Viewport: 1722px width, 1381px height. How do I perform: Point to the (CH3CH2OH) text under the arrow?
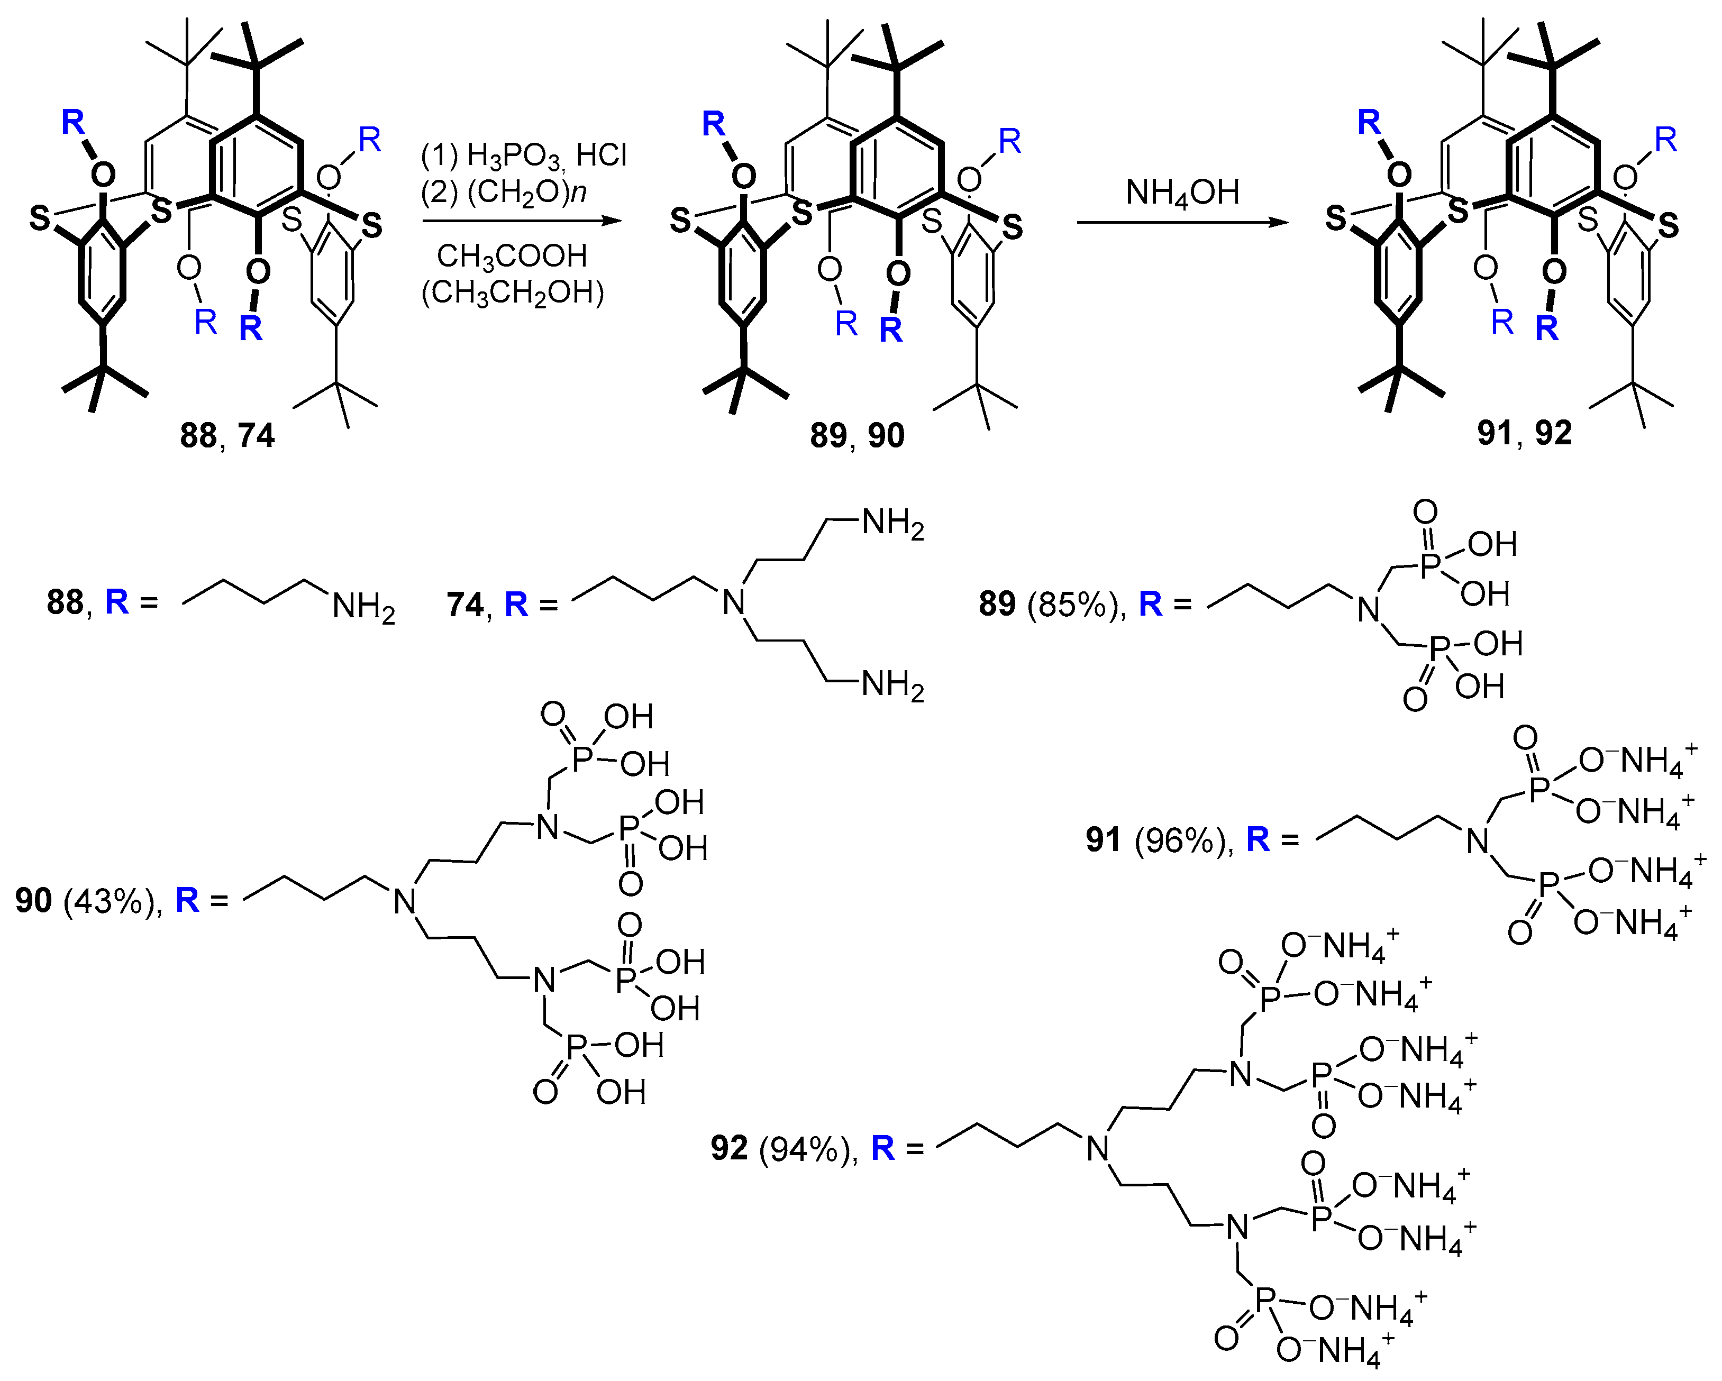tap(512, 293)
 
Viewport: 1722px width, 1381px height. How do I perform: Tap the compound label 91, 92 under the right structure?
tap(1524, 433)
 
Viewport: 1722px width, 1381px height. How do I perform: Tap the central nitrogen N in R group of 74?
tap(734, 602)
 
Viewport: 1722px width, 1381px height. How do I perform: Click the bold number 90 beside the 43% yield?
tap(33, 901)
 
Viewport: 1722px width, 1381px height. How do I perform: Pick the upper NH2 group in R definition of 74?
tap(892, 525)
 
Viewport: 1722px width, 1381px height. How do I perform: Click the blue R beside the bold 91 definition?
tap(1257, 839)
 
